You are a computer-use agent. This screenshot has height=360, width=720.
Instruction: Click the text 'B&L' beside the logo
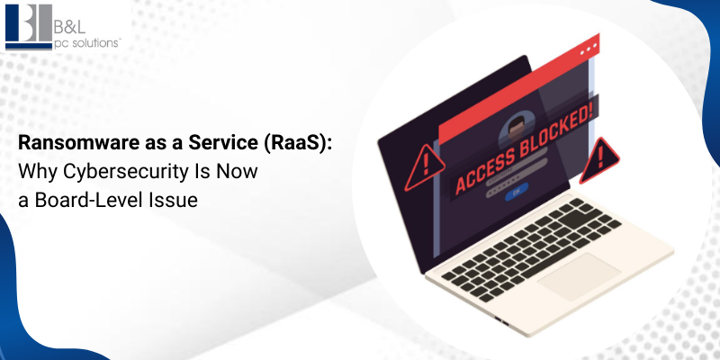(66, 19)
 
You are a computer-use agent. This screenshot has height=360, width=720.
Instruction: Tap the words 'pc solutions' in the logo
(82, 40)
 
